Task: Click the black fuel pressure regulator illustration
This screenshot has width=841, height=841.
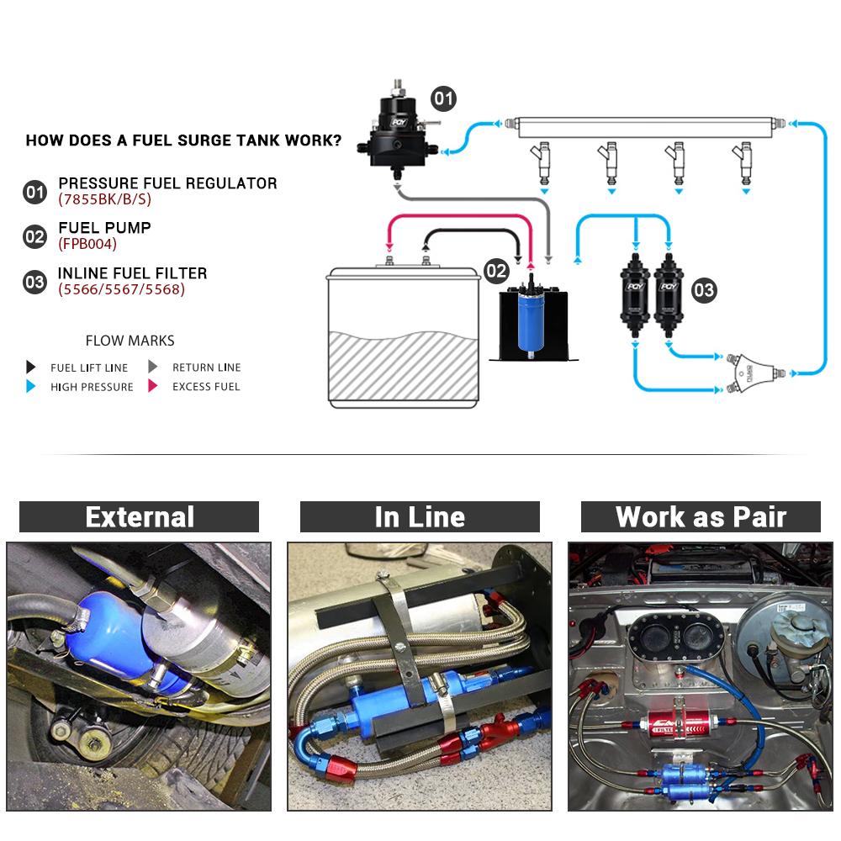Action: (395, 126)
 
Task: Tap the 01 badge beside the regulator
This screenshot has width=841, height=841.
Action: (443, 98)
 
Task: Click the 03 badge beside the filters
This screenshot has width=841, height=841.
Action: (703, 291)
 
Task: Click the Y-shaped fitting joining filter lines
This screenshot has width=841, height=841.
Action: (753, 371)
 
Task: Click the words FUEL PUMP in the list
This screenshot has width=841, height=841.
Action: (104, 228)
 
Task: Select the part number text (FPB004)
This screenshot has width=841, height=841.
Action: (87, 245)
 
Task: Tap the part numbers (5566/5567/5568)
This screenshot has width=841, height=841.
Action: (121, 289)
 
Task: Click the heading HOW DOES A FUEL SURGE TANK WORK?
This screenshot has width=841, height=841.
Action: (183, 140)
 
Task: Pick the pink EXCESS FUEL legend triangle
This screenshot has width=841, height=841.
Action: (153, 387)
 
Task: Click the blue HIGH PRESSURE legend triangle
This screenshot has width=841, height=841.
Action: (31, 387)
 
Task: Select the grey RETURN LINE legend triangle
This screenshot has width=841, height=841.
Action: (153, 367)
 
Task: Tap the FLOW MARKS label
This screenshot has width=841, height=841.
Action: (130, 341)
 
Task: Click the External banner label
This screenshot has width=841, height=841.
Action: (139, 516)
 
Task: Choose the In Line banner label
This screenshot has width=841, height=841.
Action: (420, 516)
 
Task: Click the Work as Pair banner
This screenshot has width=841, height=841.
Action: (701, 516)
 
